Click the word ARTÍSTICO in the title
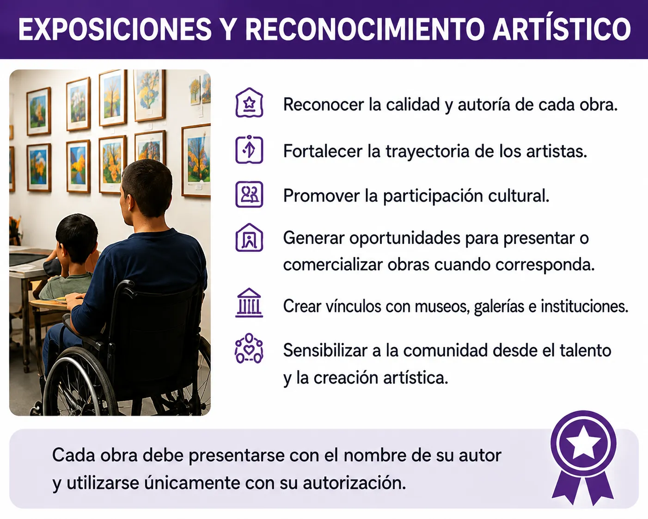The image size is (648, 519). point(562,29)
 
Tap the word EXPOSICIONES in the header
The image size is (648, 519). point(115,29)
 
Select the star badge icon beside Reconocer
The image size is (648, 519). point(249,103)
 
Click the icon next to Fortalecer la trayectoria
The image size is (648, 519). point(249,149)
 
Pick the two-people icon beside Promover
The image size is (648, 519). point(249,194)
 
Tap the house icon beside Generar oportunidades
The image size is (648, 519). point(249,237)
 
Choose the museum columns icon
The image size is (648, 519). point(249,303)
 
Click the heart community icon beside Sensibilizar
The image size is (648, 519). point(249,348)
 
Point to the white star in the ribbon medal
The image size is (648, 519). point(583,443)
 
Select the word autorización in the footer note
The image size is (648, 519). point(355,483)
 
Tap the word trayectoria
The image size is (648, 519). point(428,152)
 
